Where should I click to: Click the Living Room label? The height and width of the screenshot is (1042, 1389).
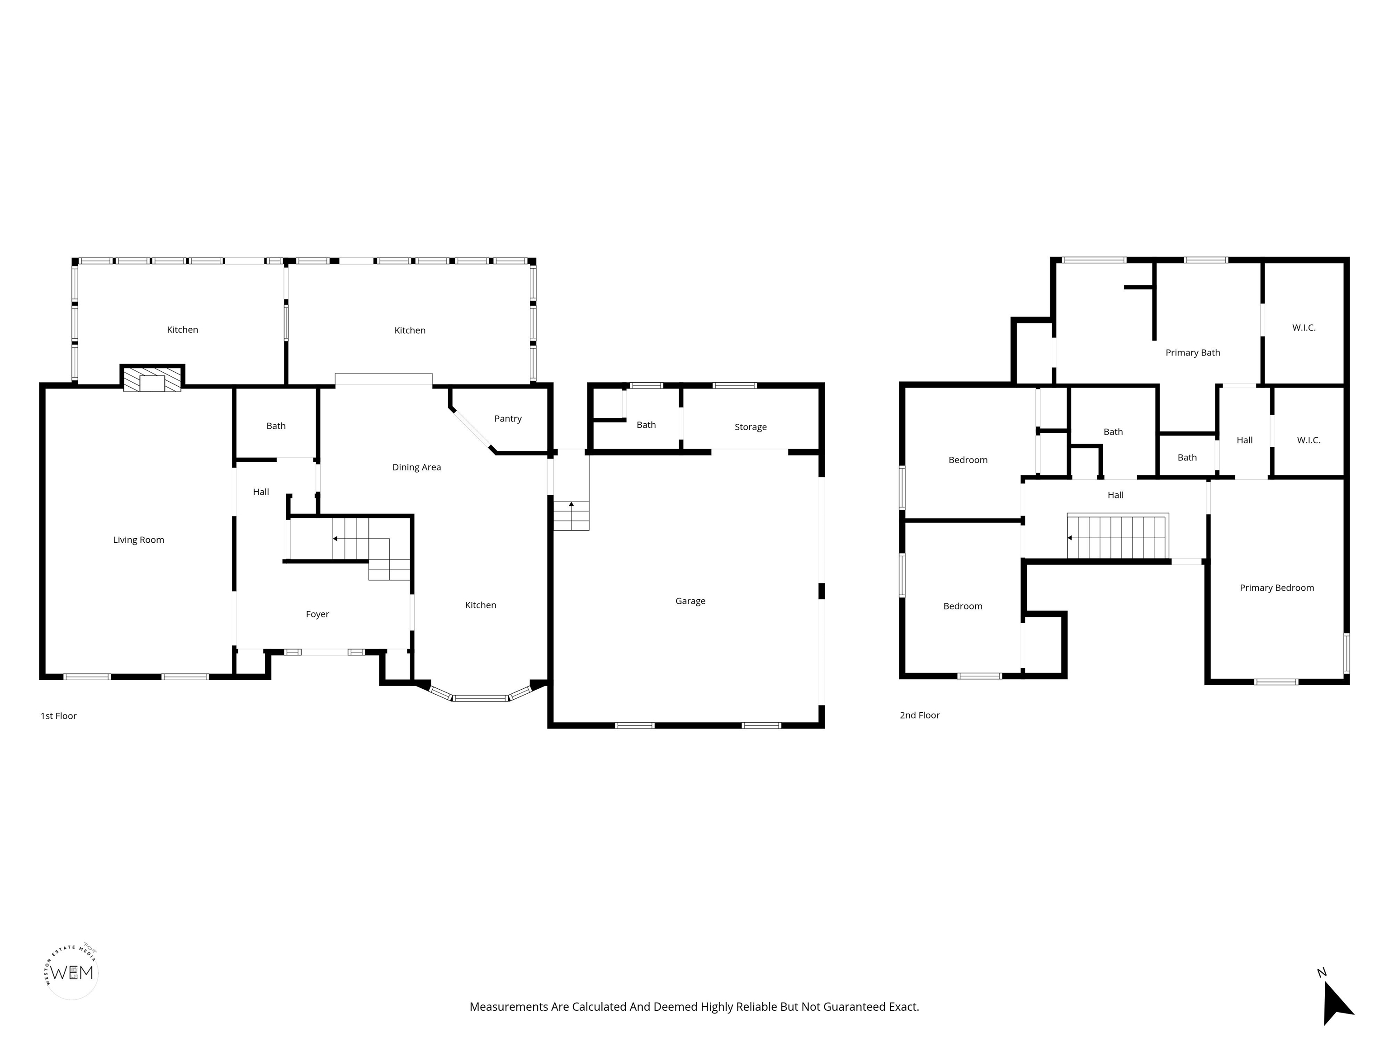(x=138, y=540)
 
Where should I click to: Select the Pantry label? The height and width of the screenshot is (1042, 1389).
(x=507, y=418)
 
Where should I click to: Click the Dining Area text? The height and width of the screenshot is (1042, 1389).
(x=416, y=467)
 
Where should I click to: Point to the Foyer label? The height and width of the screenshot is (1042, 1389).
(x=317, y=614)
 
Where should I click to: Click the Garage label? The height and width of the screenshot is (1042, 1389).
(x=690, y=601)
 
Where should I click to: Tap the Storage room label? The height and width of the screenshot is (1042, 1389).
(x=751, y=426)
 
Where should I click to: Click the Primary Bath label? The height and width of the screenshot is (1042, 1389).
(x=1192, y=352)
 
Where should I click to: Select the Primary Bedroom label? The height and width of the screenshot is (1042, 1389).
(x=1276, y=587)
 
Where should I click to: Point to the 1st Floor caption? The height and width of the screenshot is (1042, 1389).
(x=58, y=715)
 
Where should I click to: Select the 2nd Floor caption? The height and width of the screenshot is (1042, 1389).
(x=919, y=715)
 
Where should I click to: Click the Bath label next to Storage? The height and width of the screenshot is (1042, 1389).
(x=646, y=425)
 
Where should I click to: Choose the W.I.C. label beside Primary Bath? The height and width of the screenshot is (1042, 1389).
(x=1304, y=327)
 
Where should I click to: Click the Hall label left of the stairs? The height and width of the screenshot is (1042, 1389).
(x=260, y=491)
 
